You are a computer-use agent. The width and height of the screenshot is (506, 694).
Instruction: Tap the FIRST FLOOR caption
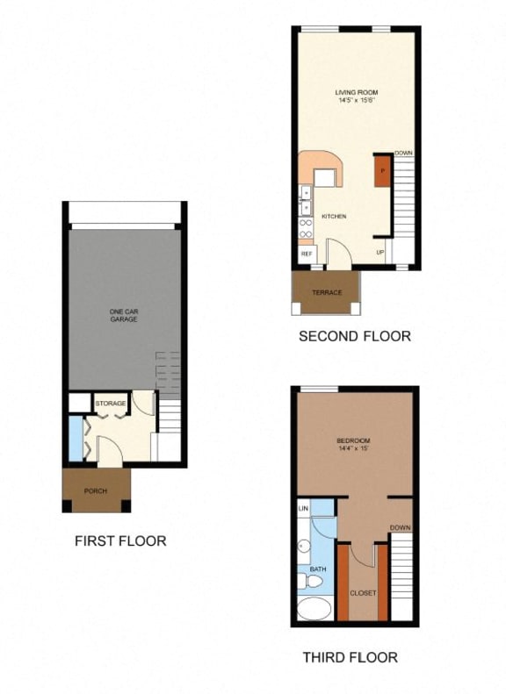coord(120,540)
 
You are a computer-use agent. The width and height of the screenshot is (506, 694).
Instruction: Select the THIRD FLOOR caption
coord(350,656)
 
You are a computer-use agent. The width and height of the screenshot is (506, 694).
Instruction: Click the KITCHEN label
coord(334,216)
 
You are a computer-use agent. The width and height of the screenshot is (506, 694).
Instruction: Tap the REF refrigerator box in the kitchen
coord(307,254)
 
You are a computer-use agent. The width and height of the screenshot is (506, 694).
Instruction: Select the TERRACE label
coord(326,292)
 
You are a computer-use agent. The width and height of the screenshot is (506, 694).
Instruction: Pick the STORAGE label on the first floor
coord(111,404)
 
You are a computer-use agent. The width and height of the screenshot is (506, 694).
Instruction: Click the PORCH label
coord(95,490)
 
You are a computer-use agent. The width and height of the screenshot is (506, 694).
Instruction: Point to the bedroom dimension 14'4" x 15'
coord(353,449)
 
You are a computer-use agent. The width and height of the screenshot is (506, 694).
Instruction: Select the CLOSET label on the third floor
coord(363,593)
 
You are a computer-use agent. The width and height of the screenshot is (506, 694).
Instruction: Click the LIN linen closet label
coord(303,508)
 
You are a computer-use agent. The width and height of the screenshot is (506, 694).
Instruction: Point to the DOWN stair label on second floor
coord(403,154)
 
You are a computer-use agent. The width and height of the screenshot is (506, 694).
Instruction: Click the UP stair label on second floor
coord(380,253)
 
